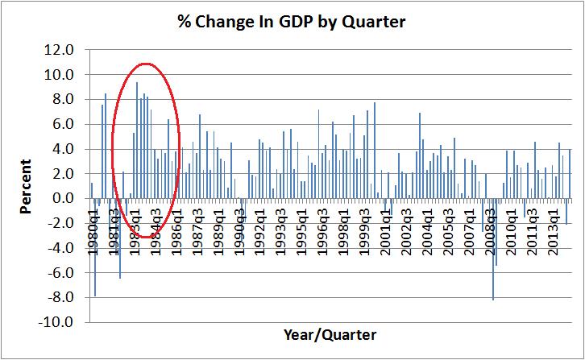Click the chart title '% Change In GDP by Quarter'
point(291,21)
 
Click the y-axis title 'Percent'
point(27,186)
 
